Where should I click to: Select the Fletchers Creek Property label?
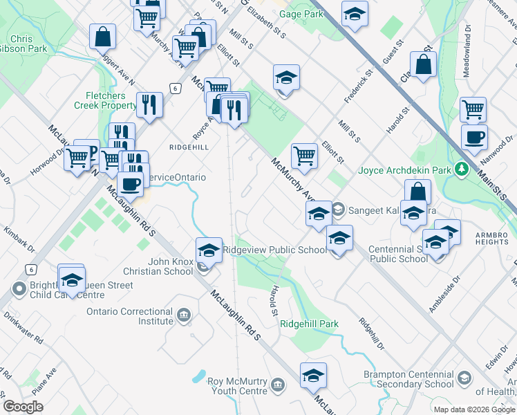105,100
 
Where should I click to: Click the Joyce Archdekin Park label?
404,170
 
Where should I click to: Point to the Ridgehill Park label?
309,324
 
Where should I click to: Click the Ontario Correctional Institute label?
130,316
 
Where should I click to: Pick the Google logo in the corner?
23,407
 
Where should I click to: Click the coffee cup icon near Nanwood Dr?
474,137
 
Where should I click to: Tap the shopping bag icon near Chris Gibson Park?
102,37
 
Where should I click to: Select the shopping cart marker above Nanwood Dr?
473,109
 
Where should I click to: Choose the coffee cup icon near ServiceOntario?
130,184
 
